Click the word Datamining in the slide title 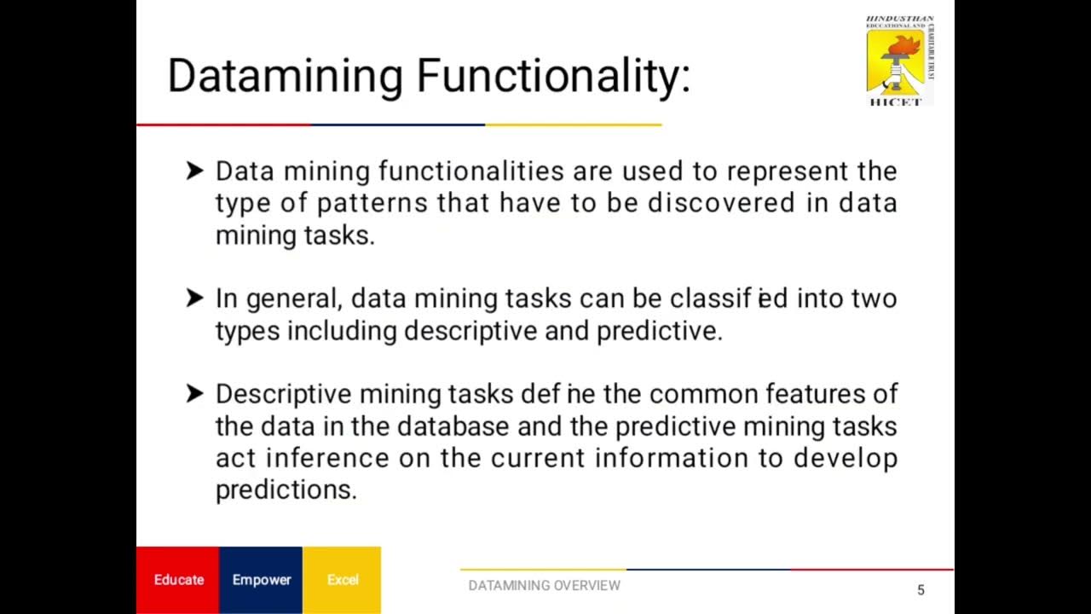(285, 76)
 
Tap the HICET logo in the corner (899, 61)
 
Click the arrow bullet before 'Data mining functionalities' (194, 171)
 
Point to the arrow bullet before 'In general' (194, 298)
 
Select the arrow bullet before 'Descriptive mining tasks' (194, 394)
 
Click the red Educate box (178, 580)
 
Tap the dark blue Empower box (262, 580)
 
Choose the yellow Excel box (343, 580)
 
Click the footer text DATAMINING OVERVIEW (544, 586)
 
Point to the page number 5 (921, 590)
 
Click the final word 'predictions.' (286, 490)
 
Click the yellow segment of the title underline (573, 125)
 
